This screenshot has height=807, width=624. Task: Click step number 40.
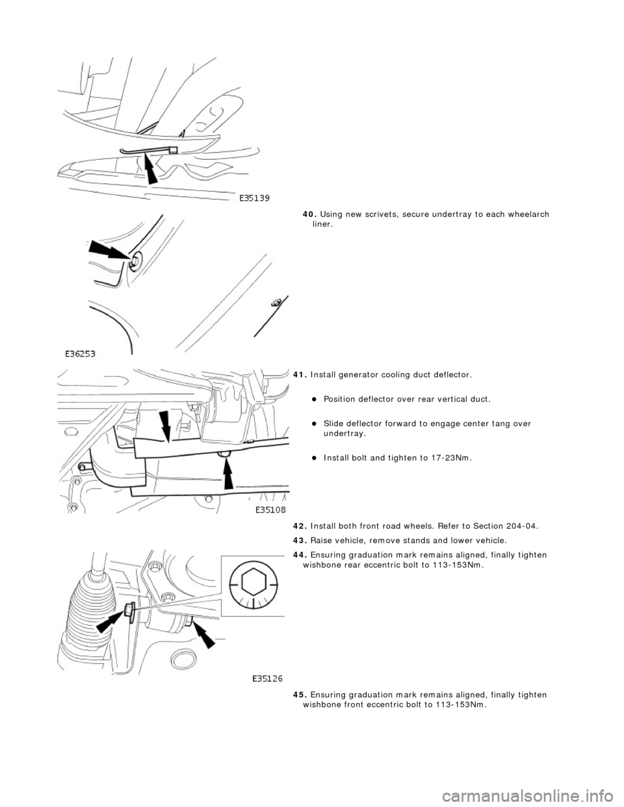click(x=309, y=215)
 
